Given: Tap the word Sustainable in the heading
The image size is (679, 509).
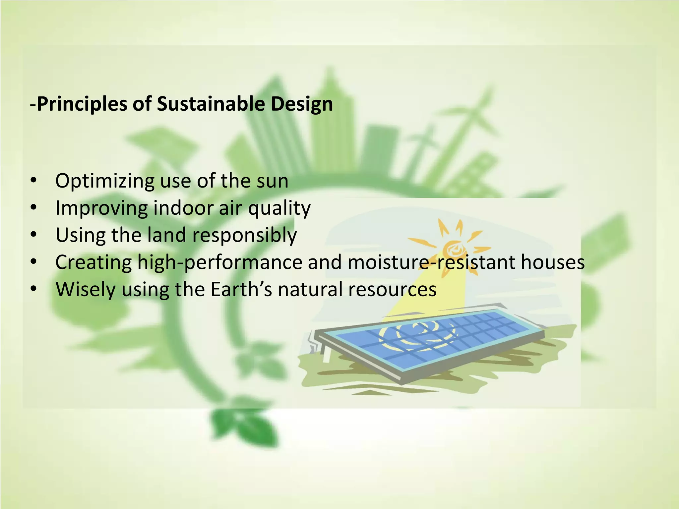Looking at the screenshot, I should pos(211,104).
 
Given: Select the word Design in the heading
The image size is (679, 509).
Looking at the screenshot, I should pos(302,104).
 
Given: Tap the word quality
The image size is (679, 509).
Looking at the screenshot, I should pos(279,208).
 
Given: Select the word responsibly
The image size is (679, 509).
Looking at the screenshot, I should pos(244,236).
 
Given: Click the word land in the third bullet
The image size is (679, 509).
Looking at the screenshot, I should pos(167,235).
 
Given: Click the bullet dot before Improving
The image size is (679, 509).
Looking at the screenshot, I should pos(33,208).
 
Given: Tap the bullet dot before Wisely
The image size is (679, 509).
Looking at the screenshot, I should pos(33,289).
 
